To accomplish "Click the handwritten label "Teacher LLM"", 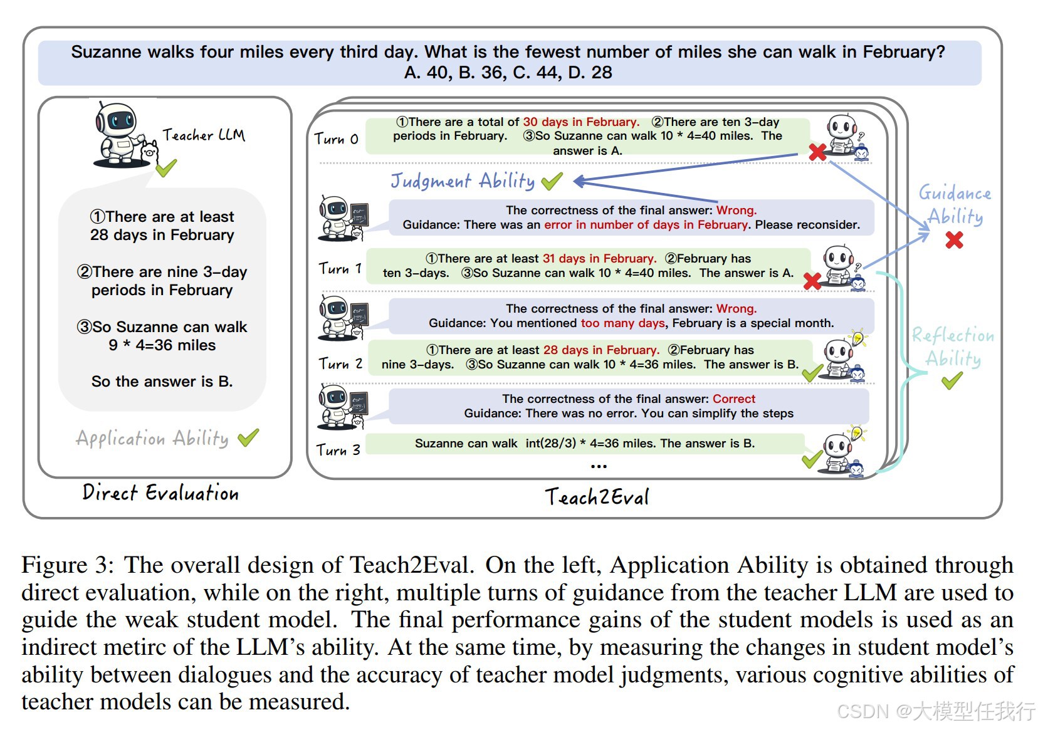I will tap(204, 135).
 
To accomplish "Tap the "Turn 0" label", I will tap(336, 138).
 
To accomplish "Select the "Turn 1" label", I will tap(340, 268).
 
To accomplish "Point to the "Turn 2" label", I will tap(340, 363).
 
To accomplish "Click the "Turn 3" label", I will tap(338, 449).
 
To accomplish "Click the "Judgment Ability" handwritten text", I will tap(463, 181).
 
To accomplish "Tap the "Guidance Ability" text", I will tap(955, 204).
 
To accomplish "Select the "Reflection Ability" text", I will tap(953, 347).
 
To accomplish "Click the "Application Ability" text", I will tap(152, 438).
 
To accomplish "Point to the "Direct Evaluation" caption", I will tap(160, 493).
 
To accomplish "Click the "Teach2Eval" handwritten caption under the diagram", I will tap(597, 497).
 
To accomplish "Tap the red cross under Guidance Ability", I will tap(954, 240).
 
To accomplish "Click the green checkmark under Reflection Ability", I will tap(951, 380).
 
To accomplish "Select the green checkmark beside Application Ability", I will tap(248, 437).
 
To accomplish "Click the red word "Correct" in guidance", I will tap(733, 399).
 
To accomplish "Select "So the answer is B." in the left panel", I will tap(162, 381).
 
